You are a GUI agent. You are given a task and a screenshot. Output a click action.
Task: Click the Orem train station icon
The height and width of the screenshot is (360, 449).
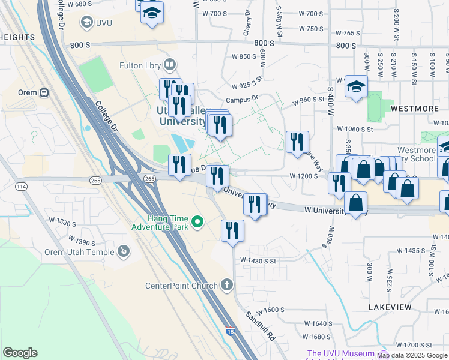43,93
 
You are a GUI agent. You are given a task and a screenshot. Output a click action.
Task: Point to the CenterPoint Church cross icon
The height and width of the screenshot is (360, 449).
227,284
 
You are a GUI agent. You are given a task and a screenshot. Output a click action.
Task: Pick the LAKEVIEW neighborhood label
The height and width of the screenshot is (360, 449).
390,307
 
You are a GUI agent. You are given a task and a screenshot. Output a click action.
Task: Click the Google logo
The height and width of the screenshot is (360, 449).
20,353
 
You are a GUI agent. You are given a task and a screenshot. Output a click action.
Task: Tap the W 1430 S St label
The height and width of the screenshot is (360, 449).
258,261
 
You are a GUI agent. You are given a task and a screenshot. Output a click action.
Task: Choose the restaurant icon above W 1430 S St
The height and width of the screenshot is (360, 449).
233,230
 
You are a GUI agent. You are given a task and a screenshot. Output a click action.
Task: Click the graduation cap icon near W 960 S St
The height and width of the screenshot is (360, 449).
356,86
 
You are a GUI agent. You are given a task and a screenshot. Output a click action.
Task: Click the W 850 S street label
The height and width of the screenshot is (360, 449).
244,56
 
